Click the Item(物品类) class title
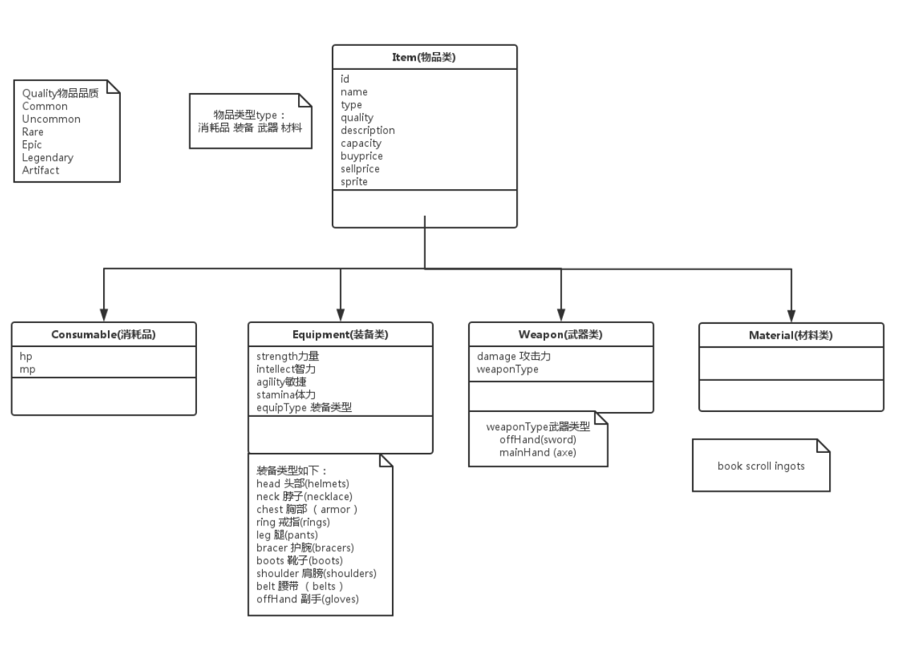point(424,58)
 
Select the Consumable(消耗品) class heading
point(104,335)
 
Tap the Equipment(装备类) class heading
point(340,335)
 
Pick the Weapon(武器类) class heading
point(561,335)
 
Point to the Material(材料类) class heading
point(790,336)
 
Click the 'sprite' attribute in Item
point(354,181)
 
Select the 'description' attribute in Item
point(367,131)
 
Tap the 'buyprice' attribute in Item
point(362,156)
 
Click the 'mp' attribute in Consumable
point(28,369)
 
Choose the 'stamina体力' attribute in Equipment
point(286,394)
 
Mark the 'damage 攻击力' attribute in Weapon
point(513,356)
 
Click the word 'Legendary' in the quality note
point(47,157)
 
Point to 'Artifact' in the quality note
point(40,170)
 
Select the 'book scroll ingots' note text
point(761,466)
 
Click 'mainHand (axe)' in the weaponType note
point(537,452)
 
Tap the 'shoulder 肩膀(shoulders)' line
point(316,574)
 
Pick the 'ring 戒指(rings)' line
point(293,522)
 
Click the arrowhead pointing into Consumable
point(104,315)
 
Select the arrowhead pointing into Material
point(791,316)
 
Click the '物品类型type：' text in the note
point(250,115)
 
